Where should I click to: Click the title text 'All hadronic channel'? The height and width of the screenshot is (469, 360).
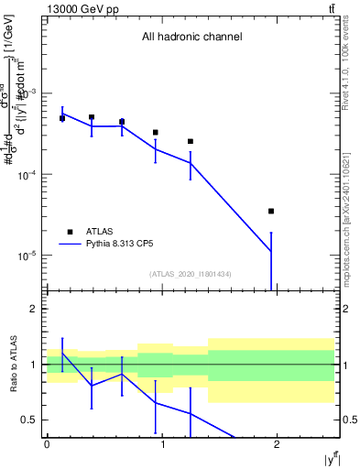[191, 37]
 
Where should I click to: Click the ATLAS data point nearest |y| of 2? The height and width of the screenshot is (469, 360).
[271, 212]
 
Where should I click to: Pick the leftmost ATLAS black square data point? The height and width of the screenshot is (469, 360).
[62, 118]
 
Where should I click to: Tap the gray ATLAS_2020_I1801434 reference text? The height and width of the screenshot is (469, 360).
[191, 274]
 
